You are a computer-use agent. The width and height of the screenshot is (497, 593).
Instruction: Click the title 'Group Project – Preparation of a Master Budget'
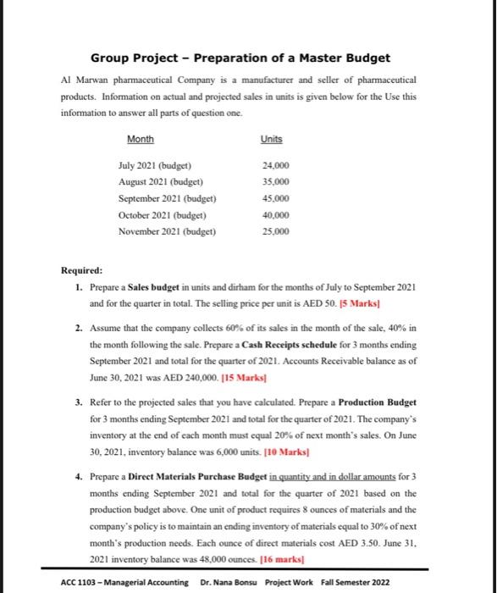pos(240,58)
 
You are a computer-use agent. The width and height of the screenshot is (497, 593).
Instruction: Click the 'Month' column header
pos(141,139)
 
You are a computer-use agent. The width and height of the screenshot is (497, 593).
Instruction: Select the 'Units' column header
pos(272,139)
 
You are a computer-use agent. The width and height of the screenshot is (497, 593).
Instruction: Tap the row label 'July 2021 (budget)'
pos(155,164)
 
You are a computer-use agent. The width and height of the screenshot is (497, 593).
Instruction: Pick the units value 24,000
pos(275,164)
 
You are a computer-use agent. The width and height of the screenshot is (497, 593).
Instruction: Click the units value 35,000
pos(275,181)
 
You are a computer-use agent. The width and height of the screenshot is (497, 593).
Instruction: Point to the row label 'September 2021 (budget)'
pos(167,198)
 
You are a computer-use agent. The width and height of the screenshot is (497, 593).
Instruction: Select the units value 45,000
pos(275,198)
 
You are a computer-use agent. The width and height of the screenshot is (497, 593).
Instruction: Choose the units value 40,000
pos(275,215)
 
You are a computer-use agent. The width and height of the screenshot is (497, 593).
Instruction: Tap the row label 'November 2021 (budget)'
pos(167,231)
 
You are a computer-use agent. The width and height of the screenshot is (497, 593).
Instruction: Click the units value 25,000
pos(275,231)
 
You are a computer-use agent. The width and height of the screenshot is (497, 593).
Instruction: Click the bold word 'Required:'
pos(82,271)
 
